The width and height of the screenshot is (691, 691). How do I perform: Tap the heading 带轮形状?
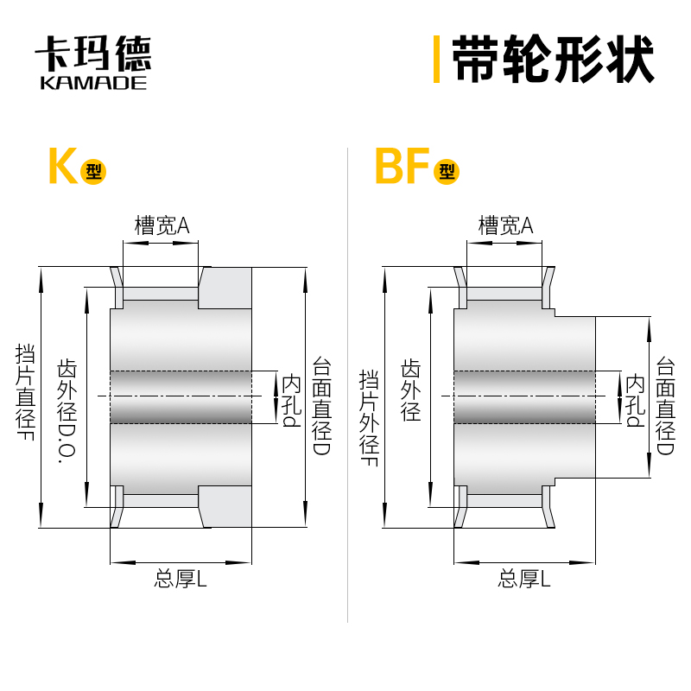pyautogui.click(x=553, y=59)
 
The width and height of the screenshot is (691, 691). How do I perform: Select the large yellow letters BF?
pyautogui.click(x=403, y=167)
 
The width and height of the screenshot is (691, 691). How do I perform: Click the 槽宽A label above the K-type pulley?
pyautogui.click(x=162, y=226)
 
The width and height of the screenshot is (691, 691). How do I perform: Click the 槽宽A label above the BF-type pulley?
pyautogui.click(x=505, y=226)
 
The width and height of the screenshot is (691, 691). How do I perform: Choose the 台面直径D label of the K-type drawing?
pyautogui.click(x=321, y=406)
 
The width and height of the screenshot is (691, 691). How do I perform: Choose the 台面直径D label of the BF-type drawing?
pyautogui.click(x=665, y=406)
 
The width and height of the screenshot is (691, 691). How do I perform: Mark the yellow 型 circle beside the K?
pyautogui.click(x=92, y=171)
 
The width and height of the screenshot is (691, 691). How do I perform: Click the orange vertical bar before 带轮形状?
pyautogui.click(x=437, y=59)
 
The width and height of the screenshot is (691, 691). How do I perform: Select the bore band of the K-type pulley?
pyautogui.click(x=181, y=396)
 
